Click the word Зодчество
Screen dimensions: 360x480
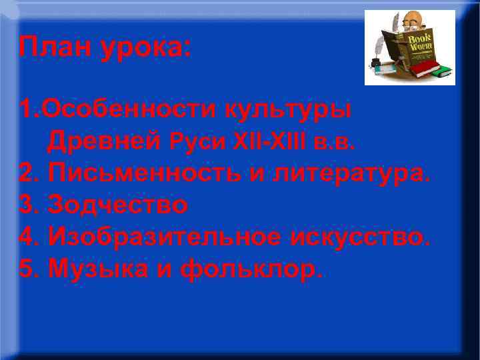point(118,204)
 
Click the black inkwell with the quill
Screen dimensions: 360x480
point(375,63)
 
